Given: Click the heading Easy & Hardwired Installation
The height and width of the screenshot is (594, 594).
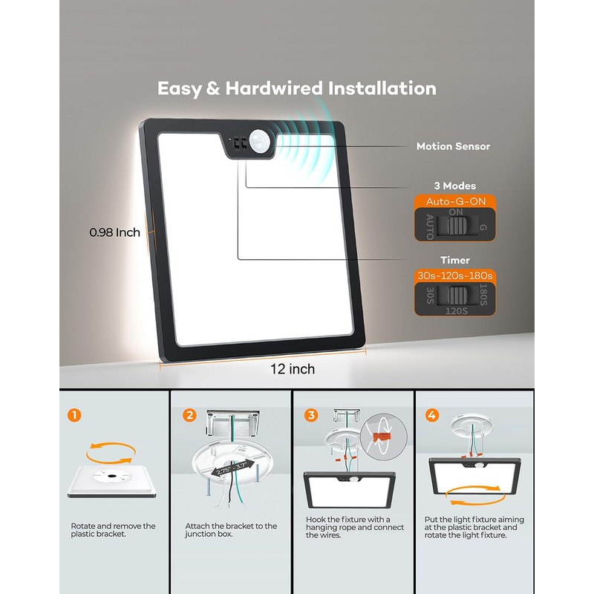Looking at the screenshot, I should click(x=296, y=88).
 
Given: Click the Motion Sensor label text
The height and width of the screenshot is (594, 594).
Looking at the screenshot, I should click(x=453, y=147).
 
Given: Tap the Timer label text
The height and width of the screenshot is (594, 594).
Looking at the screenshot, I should click(x=454, y=261).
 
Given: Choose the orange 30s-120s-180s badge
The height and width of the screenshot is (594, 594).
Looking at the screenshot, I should click(x=454, y=276).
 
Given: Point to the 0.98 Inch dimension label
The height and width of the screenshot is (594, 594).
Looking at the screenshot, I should click(x=114, y=232).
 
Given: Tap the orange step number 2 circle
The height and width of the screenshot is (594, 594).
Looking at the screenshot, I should click(x=190, y=414).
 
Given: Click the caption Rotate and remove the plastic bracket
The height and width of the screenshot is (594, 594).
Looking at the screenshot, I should click(x=113, y=530).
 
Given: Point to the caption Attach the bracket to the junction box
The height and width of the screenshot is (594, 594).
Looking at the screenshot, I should click(x=231, y=530).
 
